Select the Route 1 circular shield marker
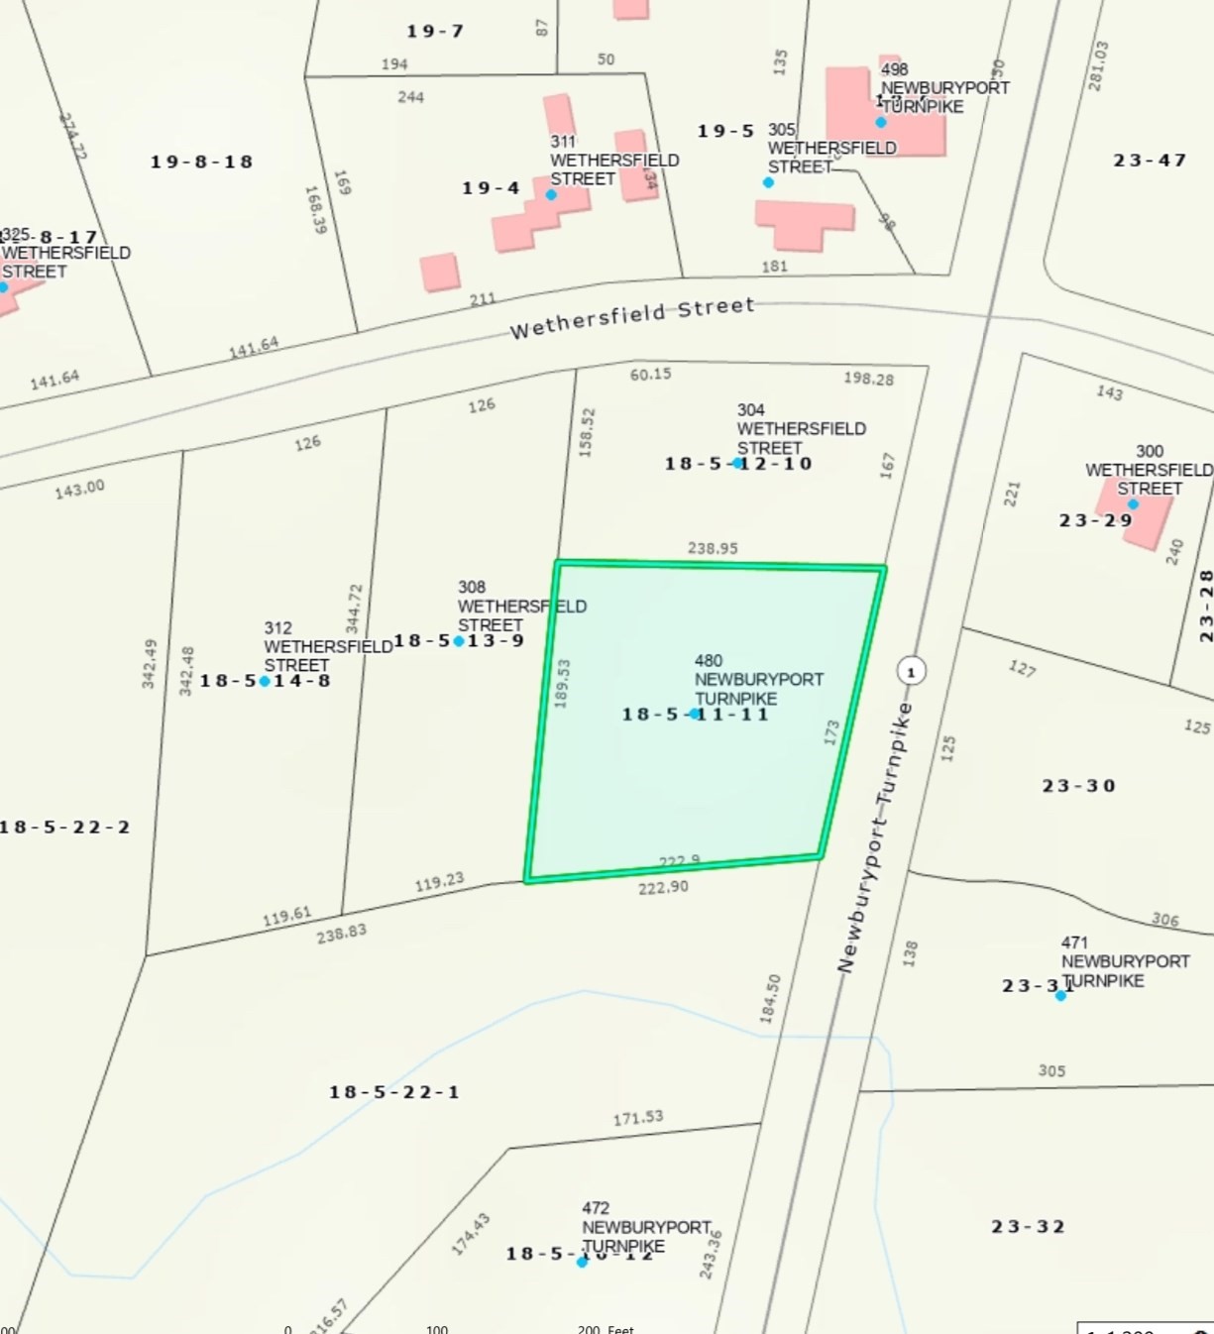pyautogui.click(x=911, y=671)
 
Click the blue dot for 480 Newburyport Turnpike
pyautogui.click(x=695, y=714)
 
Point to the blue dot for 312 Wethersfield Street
pyautogui.click(x=265, y=681)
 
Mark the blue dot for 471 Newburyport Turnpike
pyautogui.click(x=1060, y=995)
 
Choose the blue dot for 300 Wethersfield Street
pyautogui.click(x=1133, y=504)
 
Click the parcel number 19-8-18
pyautogui.click(x=201, y=162)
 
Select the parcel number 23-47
pyautogui.click(x=1150, y=160)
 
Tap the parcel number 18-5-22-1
pyautogui.click(x=394, y=1092)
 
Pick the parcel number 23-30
pyautogui.click(x=1078, y=786)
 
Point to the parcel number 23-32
pyautogui.click(x=1028, y=1227)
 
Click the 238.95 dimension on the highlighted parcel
pyautogui.click(x=713, y=548)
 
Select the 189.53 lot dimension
pyautogui.click(x=562, y=683)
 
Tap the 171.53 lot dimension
pyautogui.click(x=637, y=1118)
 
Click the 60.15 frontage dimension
pyautogui.click(x=650, y=375)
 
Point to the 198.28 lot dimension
pyautogui.click(x=868, y=379)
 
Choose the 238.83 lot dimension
pyautogui.click(x=341, y=933)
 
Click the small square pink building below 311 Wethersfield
pyautogui.click(x=440, y=273)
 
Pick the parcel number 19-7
pyautogui.click(x=434, y=32)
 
